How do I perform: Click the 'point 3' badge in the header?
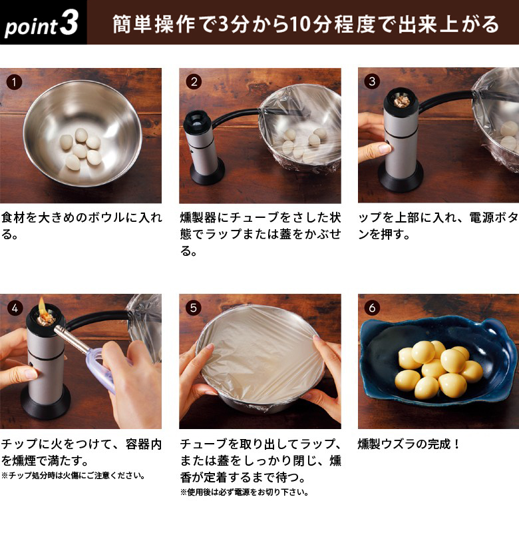pos(42,24)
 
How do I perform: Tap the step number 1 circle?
pos(14,82)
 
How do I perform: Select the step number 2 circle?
pos(194,82)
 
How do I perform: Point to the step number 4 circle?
pos(14,308)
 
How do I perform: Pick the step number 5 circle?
pos(194,308)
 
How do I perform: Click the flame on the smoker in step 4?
pos(45,307)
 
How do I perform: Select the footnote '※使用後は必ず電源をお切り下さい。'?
pos(244,493)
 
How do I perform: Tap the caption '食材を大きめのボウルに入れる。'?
pos(80,227)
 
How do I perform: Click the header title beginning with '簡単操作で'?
pos(305,25)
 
